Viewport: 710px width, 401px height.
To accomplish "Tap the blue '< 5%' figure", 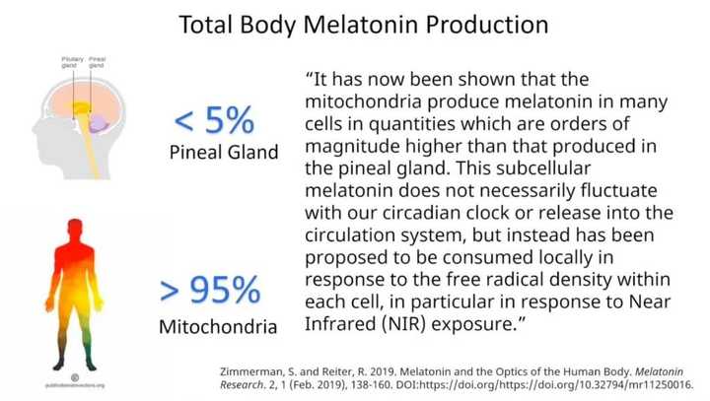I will pos(214,122).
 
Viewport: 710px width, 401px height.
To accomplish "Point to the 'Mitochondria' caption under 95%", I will pos(218,326).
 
